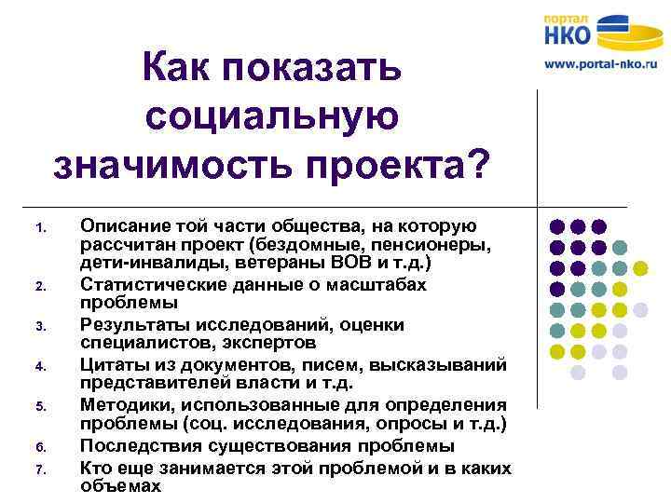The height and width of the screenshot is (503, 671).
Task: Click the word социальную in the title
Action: [272, 116]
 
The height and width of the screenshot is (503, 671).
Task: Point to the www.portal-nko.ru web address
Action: [601, 66]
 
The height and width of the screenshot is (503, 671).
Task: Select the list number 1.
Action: [38, 227]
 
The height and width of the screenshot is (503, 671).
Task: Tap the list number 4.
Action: [39, 366]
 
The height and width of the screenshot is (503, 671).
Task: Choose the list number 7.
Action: [39, 469]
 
